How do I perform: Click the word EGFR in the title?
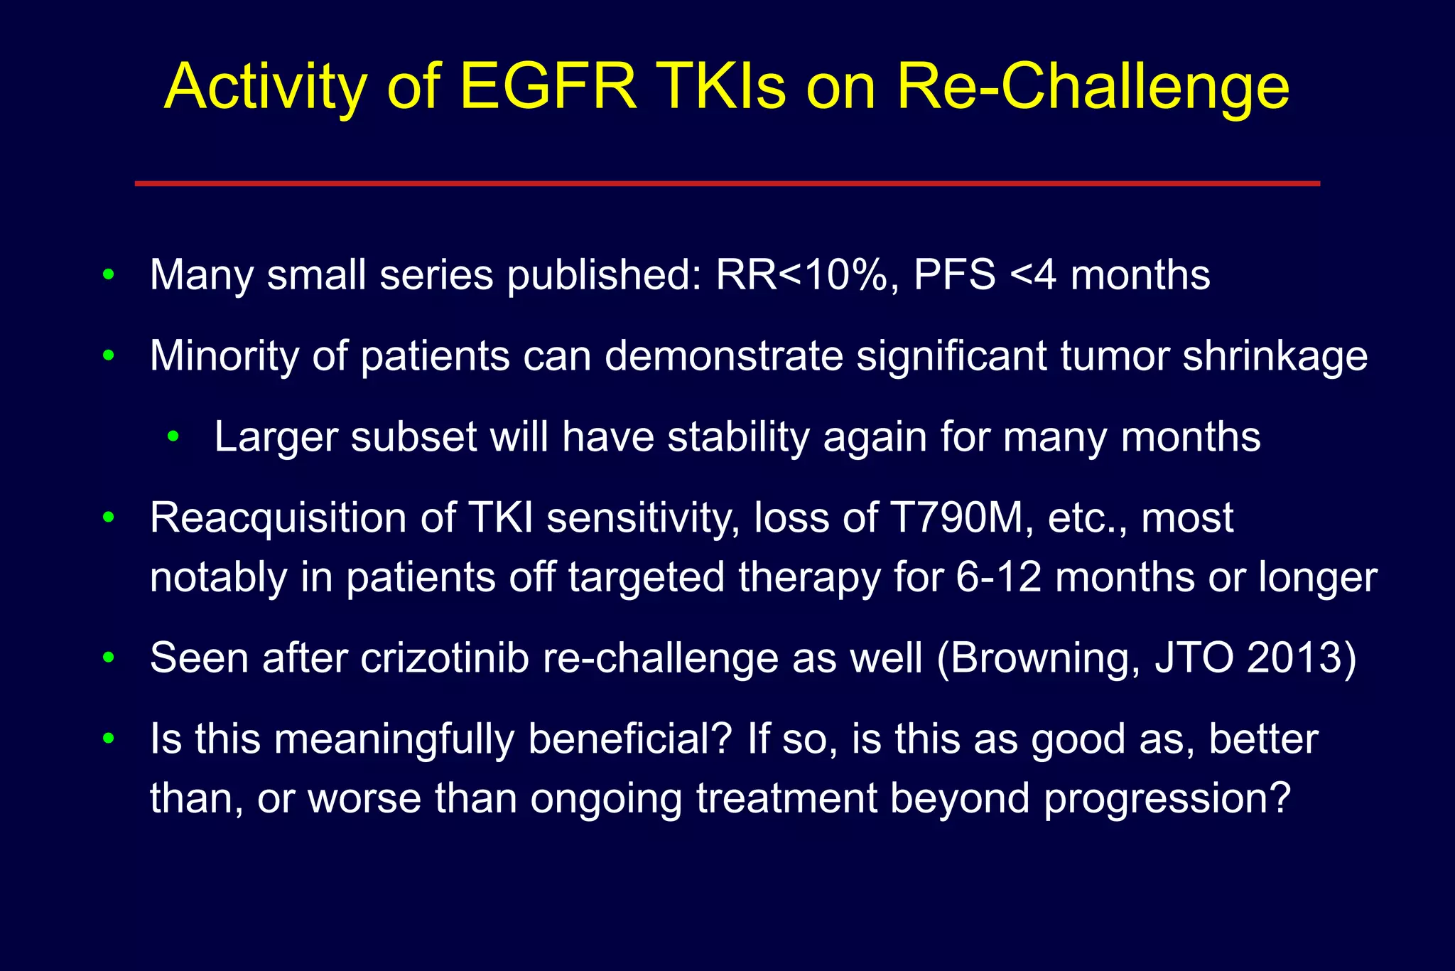pyautogui.click(x=548, y=86)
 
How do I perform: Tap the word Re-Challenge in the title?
pyautogui.click(x=1092, y=86)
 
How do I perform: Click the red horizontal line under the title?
pyautogui.click(x=727, y=183)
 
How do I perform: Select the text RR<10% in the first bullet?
pyautogui.click(x=801, y=275)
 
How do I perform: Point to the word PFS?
pyautogui.click(x=954, y=275)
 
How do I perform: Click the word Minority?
pyautogui.click(x=224, y=355)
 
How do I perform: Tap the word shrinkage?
pyautogui.click(x=1275, y=355)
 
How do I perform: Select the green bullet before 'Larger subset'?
pyautogui.click(x=173, y=436)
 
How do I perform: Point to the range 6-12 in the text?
pyautogui.click(x=998, y=576)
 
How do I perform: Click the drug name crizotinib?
pyautogui.click(x=445, y=658)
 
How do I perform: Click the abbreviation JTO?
pyautogui.click(x=1194, y=658)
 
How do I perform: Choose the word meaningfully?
pyautogui.click(x=394, y=739)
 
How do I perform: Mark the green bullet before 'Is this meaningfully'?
pyautogui.click(x=108, y=739)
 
